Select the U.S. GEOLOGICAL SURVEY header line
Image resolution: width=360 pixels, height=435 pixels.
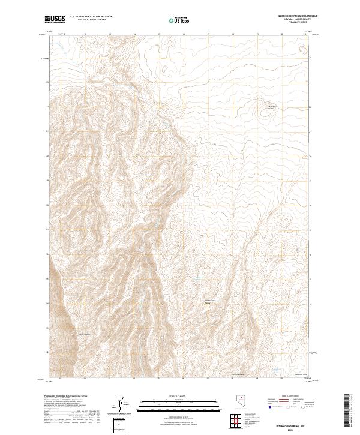[85, 20]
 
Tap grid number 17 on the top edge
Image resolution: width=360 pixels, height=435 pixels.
[208, 34]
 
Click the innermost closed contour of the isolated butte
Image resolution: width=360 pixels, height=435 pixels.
[265, 111]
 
